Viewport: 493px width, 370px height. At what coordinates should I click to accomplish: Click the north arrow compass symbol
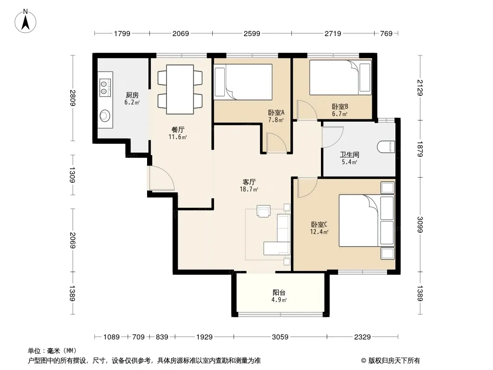(25, 21)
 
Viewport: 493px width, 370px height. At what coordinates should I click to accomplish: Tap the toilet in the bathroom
(387, 147)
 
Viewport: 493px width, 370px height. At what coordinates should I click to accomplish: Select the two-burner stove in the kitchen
(105, 87)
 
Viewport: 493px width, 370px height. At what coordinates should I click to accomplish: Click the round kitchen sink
(105, 116)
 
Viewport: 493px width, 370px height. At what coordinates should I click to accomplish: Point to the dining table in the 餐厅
(180, 89)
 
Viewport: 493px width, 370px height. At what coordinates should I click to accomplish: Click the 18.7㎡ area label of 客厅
(249, 189)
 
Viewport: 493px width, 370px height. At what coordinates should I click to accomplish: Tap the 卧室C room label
(319, 224)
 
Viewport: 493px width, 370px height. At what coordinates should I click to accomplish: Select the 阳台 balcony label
(279, 293)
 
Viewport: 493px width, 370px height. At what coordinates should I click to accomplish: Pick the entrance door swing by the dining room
(161, 178)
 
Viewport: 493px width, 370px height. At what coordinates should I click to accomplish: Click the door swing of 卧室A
(277, 143)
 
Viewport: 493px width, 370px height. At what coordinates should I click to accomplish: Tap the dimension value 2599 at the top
(252, 33)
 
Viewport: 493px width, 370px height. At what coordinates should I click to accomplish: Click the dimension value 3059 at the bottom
(280, 337)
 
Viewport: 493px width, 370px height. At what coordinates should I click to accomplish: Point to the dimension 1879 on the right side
(420, 149)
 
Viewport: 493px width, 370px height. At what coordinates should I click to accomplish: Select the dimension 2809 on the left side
(73, 98)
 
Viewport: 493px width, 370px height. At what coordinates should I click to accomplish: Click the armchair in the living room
(264, 211)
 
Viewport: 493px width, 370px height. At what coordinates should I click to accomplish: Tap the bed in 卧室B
(340, 78)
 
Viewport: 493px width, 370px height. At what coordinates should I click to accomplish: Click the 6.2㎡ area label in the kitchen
(132, 103)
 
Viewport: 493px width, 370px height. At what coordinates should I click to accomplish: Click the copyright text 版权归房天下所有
(394, 361)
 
